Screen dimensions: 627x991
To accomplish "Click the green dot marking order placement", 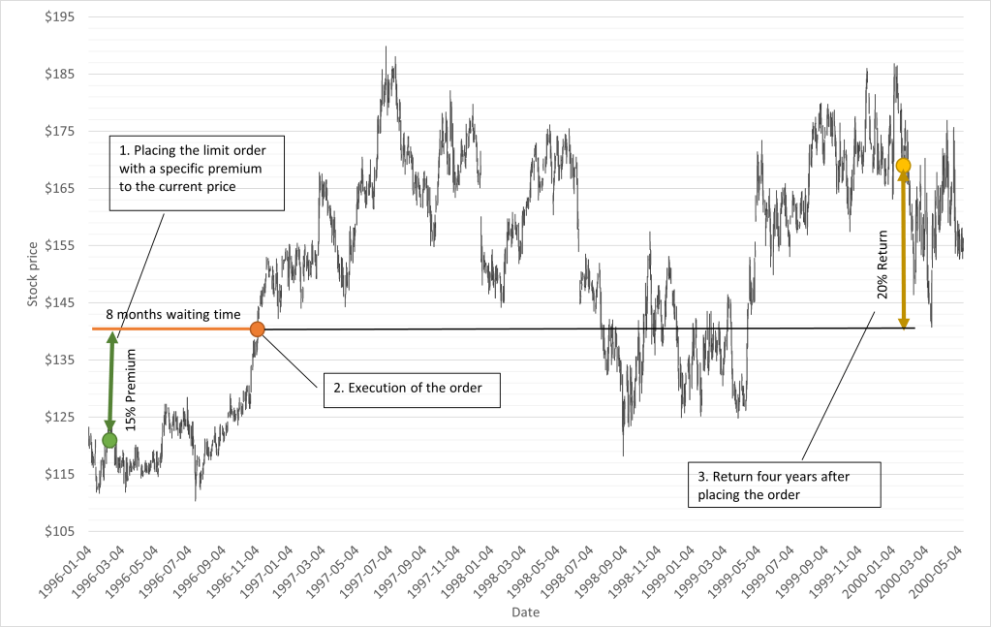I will pyautogui.click(x=109, y=440).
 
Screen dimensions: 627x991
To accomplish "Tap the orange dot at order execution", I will pyautogui.click(x=257, y=329).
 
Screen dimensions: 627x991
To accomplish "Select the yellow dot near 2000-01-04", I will pyautogui.click(x=903, y=166).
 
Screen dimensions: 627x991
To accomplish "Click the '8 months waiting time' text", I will pyautogui.click(x=159, y=315).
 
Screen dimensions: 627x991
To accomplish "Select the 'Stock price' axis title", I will pyautogui.click(x=32, y=274).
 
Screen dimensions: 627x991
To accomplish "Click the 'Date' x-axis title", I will pyautogui.click(x=526, y=612).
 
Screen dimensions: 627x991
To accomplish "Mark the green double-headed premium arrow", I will pyautogui.click(x=112, y=383).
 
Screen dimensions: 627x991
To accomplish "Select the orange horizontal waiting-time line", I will pyautogui.click(x=174, y=329).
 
